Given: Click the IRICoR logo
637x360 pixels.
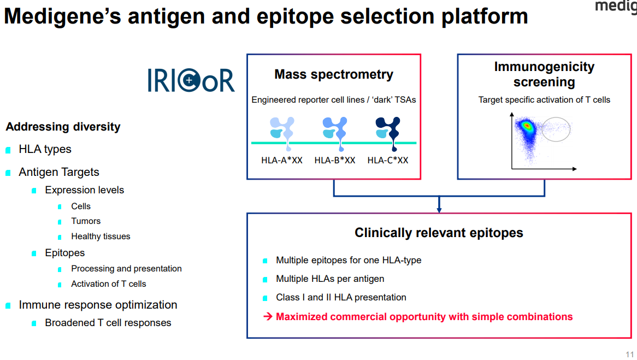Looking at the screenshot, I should tap(191, 80).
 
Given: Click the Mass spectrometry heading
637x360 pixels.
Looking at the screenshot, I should tap(333, 74).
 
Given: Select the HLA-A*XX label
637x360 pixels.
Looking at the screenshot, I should tap(281, 160).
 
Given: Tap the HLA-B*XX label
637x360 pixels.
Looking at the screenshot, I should tap(335, 160).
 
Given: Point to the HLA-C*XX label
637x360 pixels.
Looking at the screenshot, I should tap(388, 160).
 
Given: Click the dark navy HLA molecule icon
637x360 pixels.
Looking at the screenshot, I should tap(388, 131).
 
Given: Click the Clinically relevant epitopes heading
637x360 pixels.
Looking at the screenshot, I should tap(439, 233).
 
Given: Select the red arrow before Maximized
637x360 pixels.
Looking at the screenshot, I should tap(268, 317).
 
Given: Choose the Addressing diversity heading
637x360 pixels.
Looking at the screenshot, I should tap(63, 127).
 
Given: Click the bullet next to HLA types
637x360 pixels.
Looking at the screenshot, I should tap(8, 150).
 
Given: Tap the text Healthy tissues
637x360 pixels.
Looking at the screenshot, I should tap(101, 237).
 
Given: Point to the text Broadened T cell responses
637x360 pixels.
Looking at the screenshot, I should tap(108, 323).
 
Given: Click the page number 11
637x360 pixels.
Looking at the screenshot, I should tap(629, 353).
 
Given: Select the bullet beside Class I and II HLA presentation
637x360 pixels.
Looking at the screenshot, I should tap(266, 298).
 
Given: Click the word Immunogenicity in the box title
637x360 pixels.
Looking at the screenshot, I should tap(544, 67).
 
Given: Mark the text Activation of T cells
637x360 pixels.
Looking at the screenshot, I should tap(108, 284).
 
